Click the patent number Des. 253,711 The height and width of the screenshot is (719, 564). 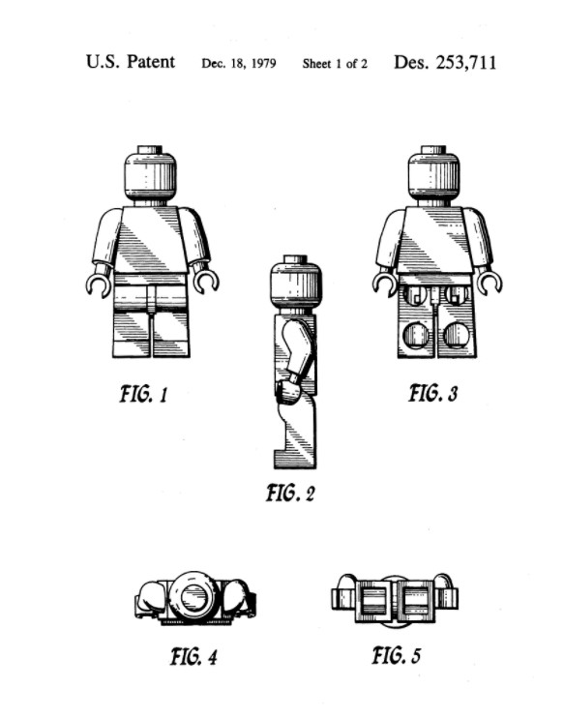[445, 63]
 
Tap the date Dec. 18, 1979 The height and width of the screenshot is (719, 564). [238, 63]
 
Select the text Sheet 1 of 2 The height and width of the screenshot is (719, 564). [335, 63]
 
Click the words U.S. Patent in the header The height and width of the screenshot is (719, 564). [131, 61]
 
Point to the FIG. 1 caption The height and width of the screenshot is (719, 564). [144, 395]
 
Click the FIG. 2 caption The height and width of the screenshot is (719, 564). [291, 493]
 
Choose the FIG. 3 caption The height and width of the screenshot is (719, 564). [432, 394]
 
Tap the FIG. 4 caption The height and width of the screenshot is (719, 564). [193, 656]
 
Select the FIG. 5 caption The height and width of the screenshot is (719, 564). [397, 655]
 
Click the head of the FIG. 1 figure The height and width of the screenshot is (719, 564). [150, 173]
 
